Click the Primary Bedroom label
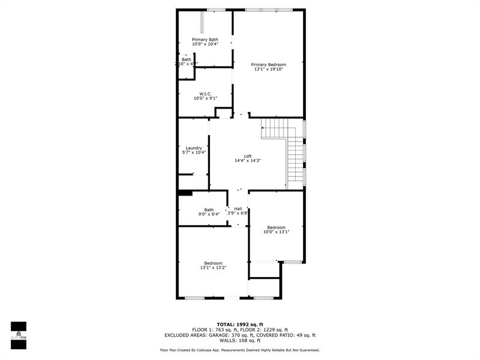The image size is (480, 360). [268, 64]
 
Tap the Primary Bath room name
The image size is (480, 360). [205, 39]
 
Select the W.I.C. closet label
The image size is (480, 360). [205, 93]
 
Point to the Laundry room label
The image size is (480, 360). [194, 148]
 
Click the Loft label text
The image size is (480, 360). [247, 156]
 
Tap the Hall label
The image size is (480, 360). [238, 208]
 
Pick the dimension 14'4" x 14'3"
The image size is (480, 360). [247, 161]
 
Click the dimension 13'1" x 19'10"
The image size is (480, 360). [268, 69]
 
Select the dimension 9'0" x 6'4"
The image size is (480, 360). [209, 214]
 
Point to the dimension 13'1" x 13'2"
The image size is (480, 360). [213, 268]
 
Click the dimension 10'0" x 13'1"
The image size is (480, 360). [276, 232]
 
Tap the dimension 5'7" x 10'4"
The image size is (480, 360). [194, 152]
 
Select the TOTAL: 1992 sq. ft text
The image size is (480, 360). [240, 324]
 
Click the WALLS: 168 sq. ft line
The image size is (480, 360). [240, 340]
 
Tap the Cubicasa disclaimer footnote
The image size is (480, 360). [240, 350]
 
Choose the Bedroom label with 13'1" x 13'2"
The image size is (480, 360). [213, 263]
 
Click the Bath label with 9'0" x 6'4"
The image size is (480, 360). [209, 209]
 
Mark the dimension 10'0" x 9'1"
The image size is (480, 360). [205, 98]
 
